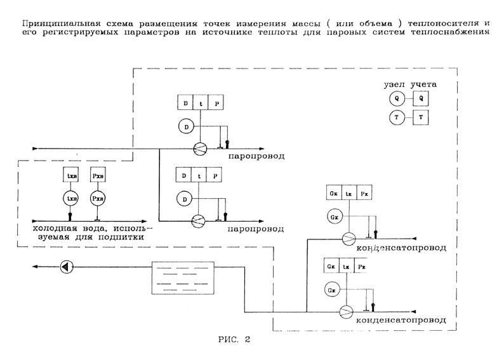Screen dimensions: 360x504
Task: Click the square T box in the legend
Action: (420, 117)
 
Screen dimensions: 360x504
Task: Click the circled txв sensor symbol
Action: (71, 199)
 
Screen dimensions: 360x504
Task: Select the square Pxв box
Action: (96, 174)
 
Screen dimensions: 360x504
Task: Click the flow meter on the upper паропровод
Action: (201, 148)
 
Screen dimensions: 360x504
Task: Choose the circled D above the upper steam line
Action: (185, 128)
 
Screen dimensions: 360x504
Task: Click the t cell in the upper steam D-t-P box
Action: (201, 102)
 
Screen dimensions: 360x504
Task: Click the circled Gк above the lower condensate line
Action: (332, 290)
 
